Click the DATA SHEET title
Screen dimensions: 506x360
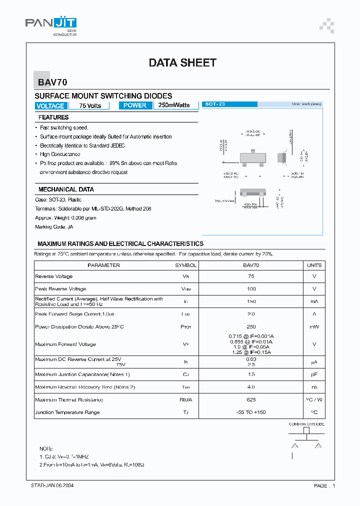point(182,62)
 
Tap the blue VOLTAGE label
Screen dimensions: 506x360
point(50,106)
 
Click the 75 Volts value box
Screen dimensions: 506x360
point(90,106)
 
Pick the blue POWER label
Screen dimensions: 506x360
point(135,105)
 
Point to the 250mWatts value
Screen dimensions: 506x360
point(174,105)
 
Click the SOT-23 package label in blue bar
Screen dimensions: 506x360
point(215,104)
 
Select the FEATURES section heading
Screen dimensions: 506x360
point(53,117)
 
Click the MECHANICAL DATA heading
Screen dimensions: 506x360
point(66,189)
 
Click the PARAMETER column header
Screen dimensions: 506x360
point(103,265)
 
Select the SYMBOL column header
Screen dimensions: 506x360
point(185,265)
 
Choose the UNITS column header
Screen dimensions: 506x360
point(314,265)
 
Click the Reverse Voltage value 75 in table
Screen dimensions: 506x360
point(251,276)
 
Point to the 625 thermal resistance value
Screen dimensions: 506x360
point(251,400)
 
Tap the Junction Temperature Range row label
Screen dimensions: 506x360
point(67,412)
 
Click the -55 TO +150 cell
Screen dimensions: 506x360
point(251,412)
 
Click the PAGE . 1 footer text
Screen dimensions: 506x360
point(324,485)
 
